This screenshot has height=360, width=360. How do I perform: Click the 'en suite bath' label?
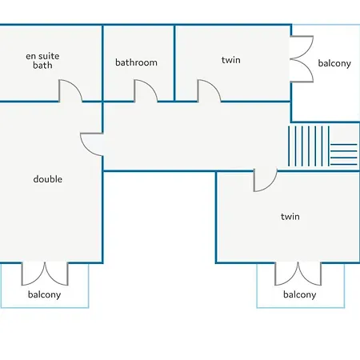pyautogui.click(x=42, y=61)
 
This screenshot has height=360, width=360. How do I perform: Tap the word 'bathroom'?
pyautogui.click(x=136, y=62)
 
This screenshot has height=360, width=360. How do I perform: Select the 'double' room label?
pyautogui.click(x=48, y=179)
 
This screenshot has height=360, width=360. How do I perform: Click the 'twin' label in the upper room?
pyautogui.click(x=231, y=60)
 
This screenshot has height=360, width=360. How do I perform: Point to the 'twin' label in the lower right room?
pyautogui.click(x=290, y=216)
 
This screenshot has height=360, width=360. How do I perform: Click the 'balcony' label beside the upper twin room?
pyautogui.click(x=334, y=63)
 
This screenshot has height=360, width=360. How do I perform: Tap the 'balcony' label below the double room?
pyautogui.click(x=44, y=294)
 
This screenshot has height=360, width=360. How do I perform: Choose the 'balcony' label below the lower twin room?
pyautogui.click(x=300, y=294)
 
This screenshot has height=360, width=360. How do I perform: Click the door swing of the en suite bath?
pyautogui.click(x=76, y=86)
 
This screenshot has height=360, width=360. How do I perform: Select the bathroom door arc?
pyautogui.click(x=151, y=86)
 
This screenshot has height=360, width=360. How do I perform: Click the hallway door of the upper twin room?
pyautogui.click(x=214, y=86)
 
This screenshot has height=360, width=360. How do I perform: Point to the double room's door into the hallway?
pyautogui.click(x=86, y=150)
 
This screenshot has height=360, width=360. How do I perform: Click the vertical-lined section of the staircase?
pyautogui.click(x=309, y=146)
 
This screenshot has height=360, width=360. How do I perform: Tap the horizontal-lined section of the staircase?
pyautogui.click(x=344, y=154)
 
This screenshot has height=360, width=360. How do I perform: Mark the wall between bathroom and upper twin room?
pyautogui.click(x=174, y=63)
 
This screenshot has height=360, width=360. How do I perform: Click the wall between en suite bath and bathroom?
pyautogui.click(x=102, y=63)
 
